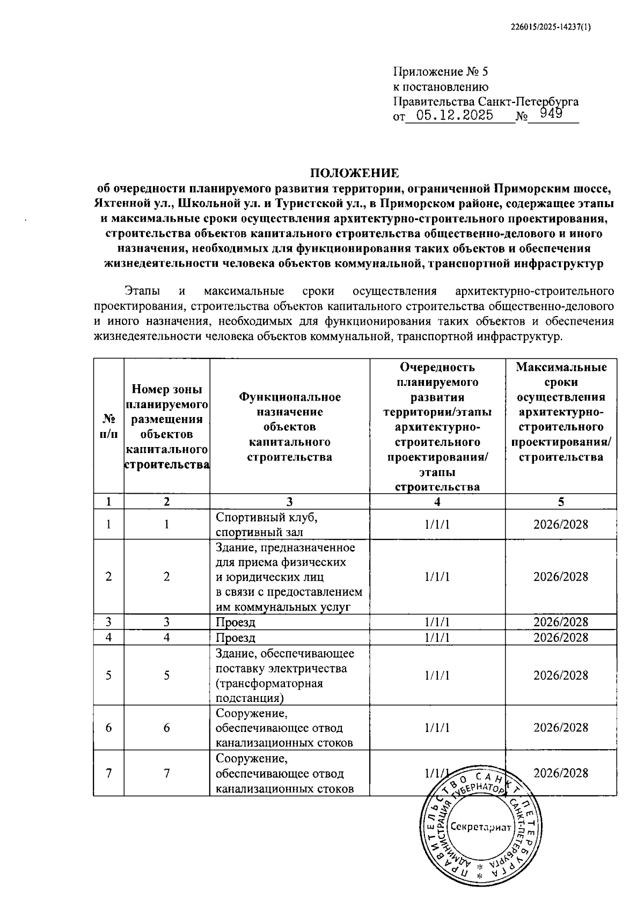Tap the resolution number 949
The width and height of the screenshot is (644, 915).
click(x=551, y=113)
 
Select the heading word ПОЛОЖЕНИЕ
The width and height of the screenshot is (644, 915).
click(x=354, y=173)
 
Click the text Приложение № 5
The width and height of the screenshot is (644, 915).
click(x=441, y=71)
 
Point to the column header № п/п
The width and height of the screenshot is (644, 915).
click(x=108, y=426)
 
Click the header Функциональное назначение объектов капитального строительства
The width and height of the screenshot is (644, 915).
click(x=289, y=427)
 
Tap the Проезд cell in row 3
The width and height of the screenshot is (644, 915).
click(x=236, y=623)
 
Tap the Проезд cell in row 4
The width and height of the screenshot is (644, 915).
click(x=236, y=638)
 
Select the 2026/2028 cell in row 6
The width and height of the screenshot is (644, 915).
click(x=560, y=728)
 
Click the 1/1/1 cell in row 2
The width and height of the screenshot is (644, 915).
click(x=437, y=577)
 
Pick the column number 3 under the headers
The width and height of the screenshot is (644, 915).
click(x=289, y=502)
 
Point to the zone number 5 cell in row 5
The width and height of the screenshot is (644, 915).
click(x=167, y=676)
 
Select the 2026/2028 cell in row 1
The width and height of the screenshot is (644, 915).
click(x=560, y=524)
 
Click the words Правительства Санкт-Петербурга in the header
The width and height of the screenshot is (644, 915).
click(x=486, y=101)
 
